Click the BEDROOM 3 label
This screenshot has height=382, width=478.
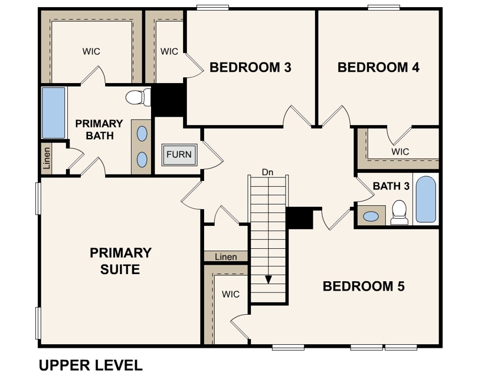coord(250,68)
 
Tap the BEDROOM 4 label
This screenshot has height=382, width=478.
coord(378,68)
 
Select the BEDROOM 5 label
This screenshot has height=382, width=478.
coord(364,286)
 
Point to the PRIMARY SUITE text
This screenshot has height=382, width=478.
coord(120,261)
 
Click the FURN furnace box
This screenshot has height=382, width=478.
coord(179,155)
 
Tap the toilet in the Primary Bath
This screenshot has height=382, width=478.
coord(138,97)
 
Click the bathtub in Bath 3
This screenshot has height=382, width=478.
coord(425,199)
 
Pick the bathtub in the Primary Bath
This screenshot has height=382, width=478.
coord(53,113)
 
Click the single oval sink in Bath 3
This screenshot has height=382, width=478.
coord(371,216)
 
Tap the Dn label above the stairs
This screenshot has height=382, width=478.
coord(269,173)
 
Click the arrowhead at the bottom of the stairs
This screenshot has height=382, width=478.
coord(269,279)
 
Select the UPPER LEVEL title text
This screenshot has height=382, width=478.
coord(90,365)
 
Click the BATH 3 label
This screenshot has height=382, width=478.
coord(391,186)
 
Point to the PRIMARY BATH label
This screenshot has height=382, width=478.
coord(99,130)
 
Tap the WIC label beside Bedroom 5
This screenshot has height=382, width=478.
coord(231,294)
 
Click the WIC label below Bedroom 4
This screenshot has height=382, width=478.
coord(400,152)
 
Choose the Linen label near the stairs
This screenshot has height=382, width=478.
coord(226,257)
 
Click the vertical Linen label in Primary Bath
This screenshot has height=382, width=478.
coord(47,158)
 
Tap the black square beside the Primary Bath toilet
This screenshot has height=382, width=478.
coord(168,100)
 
